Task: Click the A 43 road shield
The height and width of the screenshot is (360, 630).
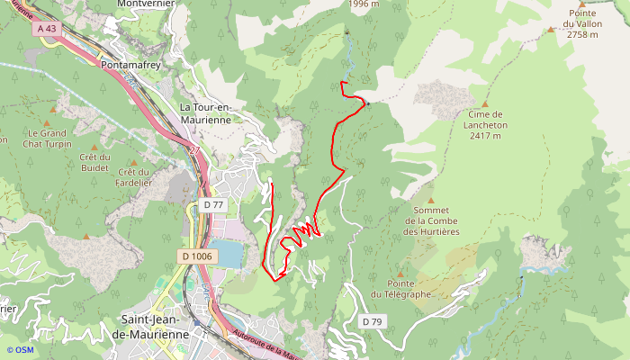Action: point(48,29)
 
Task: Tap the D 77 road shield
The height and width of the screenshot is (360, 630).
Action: point(212,205)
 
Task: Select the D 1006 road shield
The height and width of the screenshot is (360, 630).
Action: point(197,256)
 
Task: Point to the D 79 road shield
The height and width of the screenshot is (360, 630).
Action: point(371,321)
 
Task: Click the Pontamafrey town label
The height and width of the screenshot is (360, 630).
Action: point(130,66)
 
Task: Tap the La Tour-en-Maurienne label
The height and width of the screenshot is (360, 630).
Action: point(206,114)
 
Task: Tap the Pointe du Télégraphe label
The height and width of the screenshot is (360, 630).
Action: point(400,289)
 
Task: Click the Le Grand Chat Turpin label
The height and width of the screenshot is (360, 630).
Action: point(51,137)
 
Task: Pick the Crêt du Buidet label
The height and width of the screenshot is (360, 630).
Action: point(94,162)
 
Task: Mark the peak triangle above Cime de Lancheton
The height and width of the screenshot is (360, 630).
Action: point(484,104)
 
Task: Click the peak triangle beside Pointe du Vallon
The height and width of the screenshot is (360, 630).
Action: point(551,30)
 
